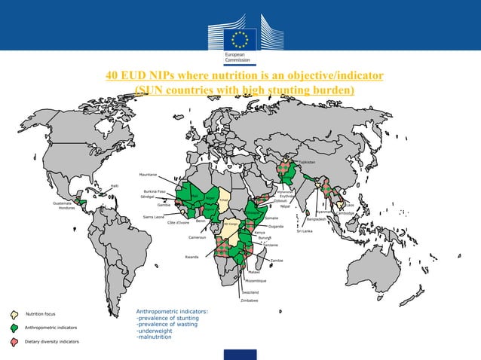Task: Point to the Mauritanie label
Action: pos(148,175)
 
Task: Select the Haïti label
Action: pos(114,185)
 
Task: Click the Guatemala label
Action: pos(63,203)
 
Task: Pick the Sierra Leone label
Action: pos(153,217)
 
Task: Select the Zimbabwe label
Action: pos(249,300)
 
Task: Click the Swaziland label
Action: pos(250,291)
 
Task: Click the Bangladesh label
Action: pos(317,219)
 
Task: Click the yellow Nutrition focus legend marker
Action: pos(14,313)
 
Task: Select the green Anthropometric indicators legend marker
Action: pos(14,328)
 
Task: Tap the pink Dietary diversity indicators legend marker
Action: pos(14,342)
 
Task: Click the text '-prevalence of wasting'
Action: pos(166,324)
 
